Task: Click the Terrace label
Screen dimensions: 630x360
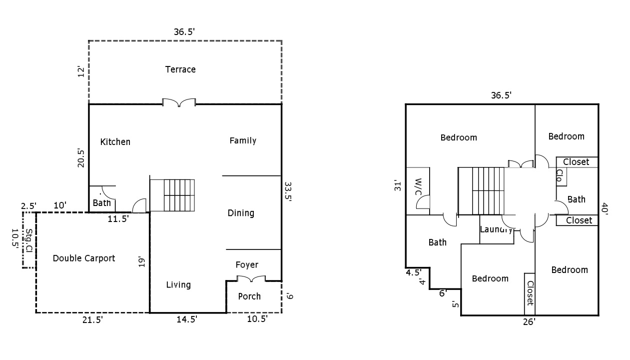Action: click(x=180, y=69)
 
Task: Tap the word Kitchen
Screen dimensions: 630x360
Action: click(x=115, y=142)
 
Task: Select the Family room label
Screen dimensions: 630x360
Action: click(x=243, y=140)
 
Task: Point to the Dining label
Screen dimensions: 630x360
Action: click(x=241, y=213)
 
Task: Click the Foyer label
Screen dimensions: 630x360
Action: click(x=247, y=265)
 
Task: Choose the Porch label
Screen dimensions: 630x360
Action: click(x=249, y=296)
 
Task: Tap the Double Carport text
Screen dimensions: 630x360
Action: click(x=84, y=258)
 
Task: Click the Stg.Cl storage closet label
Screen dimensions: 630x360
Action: click(x=29, y=240)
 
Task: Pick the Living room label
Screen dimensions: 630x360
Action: click(x=178, y=285)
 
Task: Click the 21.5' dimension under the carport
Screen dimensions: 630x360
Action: click(x=92, y=320)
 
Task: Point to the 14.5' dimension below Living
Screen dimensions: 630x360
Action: click(x=187, y=319)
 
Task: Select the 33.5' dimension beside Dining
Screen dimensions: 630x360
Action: click(x=288, y=191)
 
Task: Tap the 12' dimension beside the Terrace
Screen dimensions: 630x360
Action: click(x=81, y=72)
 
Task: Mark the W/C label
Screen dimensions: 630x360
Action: click(x=418, y=186)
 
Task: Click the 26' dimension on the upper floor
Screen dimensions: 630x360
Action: click(x=529, y=322)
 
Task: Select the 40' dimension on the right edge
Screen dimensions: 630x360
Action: click(x=605, y=209)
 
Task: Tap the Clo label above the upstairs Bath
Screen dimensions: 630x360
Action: click(x=560, y=175)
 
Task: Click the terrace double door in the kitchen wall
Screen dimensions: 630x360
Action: click(x=179, y=102)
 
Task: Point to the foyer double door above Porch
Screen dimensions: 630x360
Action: click(x=251, y=278)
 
